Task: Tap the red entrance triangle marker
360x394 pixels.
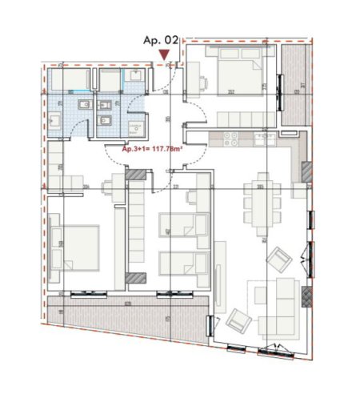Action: pyautogui.click(x=164, y=54)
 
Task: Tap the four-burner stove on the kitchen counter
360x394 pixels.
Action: pyautogui.click(x=231, y=137)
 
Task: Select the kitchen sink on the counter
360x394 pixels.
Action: pyautogui.click(x=265, y=138)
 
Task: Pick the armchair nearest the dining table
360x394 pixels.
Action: pyautogui.click(x=278, y=259)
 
